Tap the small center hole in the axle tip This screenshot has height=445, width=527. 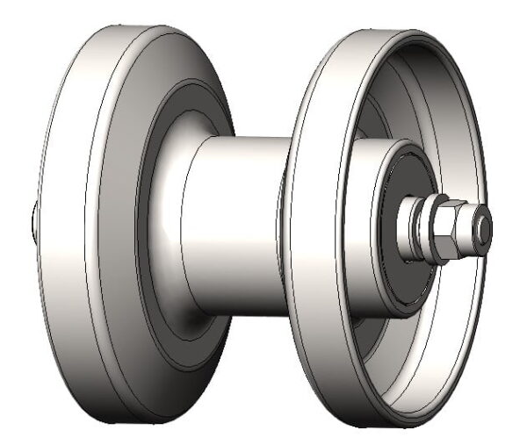click(x=483, y=226)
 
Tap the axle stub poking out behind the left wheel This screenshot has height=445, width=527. click(x=32, y=224)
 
